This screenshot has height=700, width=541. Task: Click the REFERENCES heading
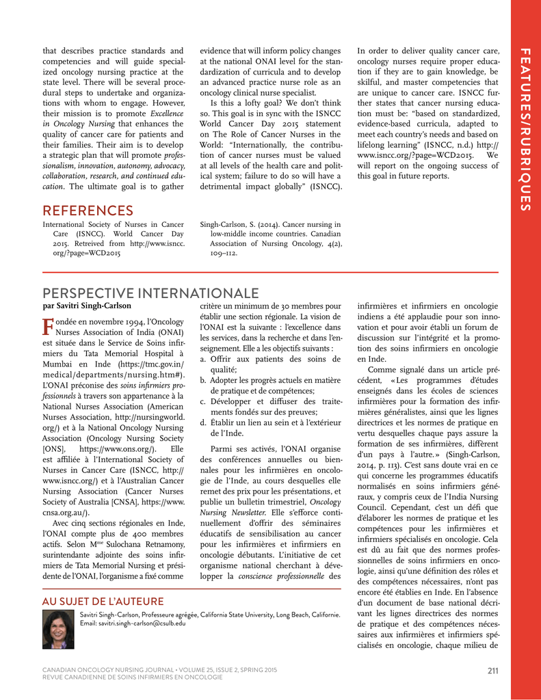(x=88, y=211)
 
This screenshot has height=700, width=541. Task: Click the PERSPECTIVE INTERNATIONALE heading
(x=151, y=294)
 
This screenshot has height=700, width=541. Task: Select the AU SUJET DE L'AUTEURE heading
(x=103, y=602)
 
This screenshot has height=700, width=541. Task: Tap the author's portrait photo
(x=58, y=629)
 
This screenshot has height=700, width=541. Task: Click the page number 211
(x=493, y=670)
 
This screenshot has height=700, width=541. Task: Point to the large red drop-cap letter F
(x=47, y=327)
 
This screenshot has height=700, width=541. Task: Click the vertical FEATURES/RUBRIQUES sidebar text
(x=525, y=130)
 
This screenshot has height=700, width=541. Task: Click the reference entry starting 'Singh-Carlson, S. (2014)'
(x=270, y=239)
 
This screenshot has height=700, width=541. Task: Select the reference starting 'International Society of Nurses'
(x=113, y=239)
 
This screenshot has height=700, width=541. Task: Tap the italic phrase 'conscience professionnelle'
(x=282, y=576)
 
